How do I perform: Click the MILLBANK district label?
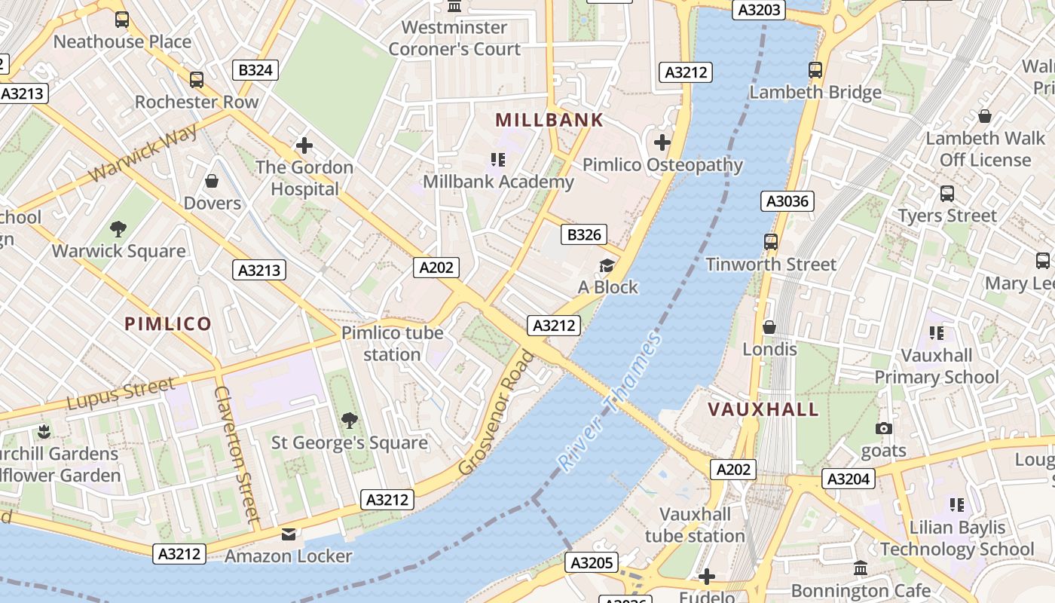pos(549,120)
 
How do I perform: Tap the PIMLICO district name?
pos(168,324)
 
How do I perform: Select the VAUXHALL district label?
pos(763,409)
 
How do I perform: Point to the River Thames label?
pos(610,402)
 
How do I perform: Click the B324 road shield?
pos(255,71)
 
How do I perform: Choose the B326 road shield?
pos(584,234)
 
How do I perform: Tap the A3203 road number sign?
pos(759,10)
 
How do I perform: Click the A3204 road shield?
pos(849,479)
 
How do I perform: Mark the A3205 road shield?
pos(592,562)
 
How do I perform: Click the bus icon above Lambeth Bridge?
pos(815,70)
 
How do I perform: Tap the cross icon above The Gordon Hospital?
pos(304,145)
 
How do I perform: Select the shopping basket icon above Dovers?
pos(212,181)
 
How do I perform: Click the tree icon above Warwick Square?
pos(118,228)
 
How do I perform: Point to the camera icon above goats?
pos(883,428)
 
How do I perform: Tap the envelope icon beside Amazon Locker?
pos(289,534)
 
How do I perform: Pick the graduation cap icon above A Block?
pos(607,265)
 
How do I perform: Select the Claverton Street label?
pos(237,455)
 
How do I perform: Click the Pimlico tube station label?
pos(392,343)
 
